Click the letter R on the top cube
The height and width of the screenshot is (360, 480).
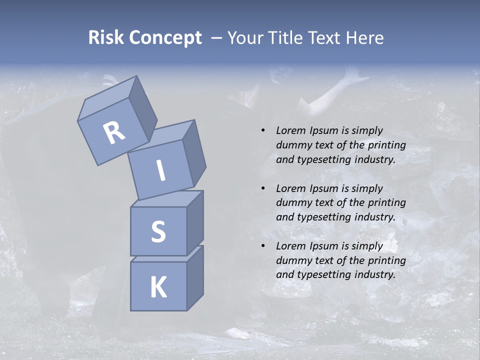[x=114, y=132]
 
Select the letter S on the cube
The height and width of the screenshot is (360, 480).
[x=158, y=231]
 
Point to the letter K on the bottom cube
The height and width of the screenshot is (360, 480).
[x=158, y=287]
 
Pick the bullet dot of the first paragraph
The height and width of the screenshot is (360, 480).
[x=263, y=130]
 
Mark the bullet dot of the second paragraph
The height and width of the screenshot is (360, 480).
[x=263, y=188]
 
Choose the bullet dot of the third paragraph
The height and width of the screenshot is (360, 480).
[x=263, y=246]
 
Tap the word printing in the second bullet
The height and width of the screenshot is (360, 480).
[x=386, y=203]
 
